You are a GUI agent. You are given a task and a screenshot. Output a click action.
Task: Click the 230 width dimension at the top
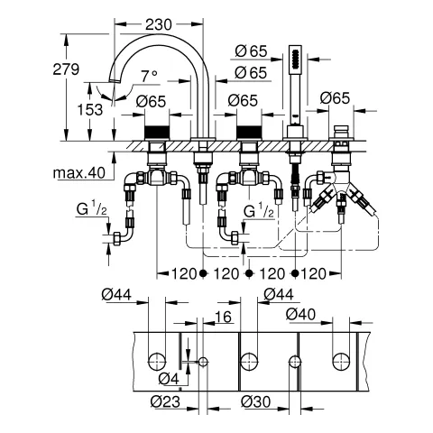(x=159, y=24)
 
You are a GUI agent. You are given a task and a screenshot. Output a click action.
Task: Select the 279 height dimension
(x=66, y=69)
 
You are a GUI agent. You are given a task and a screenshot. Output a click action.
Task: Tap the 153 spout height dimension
(x=90, y=109)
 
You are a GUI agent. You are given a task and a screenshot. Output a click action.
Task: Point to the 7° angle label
(x=150, y=76)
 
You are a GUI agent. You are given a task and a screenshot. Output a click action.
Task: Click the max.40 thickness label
(x=79, y=173)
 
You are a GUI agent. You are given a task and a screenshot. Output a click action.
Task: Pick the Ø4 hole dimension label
(x=169, y=379)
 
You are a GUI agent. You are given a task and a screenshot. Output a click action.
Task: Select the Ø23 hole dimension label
(x=165, y=401)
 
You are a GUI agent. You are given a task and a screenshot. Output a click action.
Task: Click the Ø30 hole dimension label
(x=256, y=401)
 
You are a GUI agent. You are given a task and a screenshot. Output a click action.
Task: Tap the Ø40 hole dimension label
(x=300, y=314)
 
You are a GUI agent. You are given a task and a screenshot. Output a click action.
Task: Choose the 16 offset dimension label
(x=224, y=317)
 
